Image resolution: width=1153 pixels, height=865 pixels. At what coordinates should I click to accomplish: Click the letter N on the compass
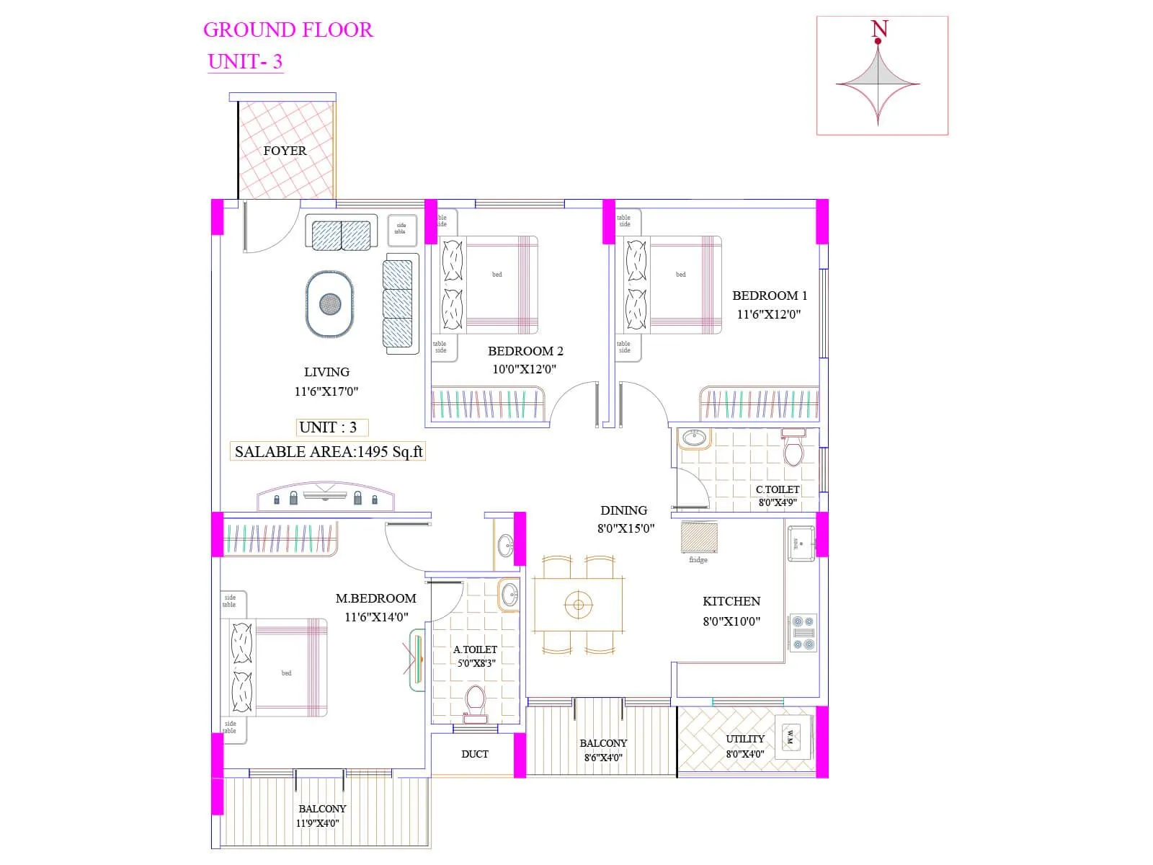[879, 29]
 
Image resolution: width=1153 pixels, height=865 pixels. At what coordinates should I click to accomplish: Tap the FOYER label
[285, 151]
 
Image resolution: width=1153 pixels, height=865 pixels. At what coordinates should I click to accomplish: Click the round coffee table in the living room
[330, 303]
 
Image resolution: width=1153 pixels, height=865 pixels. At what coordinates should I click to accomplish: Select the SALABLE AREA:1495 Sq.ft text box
[328, 452]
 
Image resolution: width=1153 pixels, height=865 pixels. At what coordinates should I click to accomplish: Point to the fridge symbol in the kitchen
[699, 538]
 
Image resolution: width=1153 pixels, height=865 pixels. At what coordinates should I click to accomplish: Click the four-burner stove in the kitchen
[803, 633]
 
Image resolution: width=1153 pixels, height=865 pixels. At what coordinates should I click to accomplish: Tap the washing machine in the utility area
[791, 737]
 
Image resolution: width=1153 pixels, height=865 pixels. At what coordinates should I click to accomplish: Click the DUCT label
[474, 754]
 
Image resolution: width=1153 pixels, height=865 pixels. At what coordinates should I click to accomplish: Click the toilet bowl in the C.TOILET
[793, 450]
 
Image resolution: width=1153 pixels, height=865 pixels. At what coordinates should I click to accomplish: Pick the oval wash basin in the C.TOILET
[695, 438]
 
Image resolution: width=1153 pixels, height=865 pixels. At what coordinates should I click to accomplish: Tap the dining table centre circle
[578, 604]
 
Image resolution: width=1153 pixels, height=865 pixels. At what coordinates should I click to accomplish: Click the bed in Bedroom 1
[681, 285]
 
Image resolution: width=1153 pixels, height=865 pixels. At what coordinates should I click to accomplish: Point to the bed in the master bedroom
[285, 667]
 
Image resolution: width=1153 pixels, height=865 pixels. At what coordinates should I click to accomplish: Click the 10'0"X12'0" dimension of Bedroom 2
[524, 369]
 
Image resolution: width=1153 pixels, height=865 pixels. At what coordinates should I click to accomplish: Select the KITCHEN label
[731, 601]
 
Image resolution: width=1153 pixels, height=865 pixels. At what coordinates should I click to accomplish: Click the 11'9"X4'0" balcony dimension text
[317, 823]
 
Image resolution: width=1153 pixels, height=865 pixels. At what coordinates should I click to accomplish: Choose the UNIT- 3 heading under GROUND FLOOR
[245, 61]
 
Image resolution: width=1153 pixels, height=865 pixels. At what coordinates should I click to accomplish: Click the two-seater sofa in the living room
[342, 235]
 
